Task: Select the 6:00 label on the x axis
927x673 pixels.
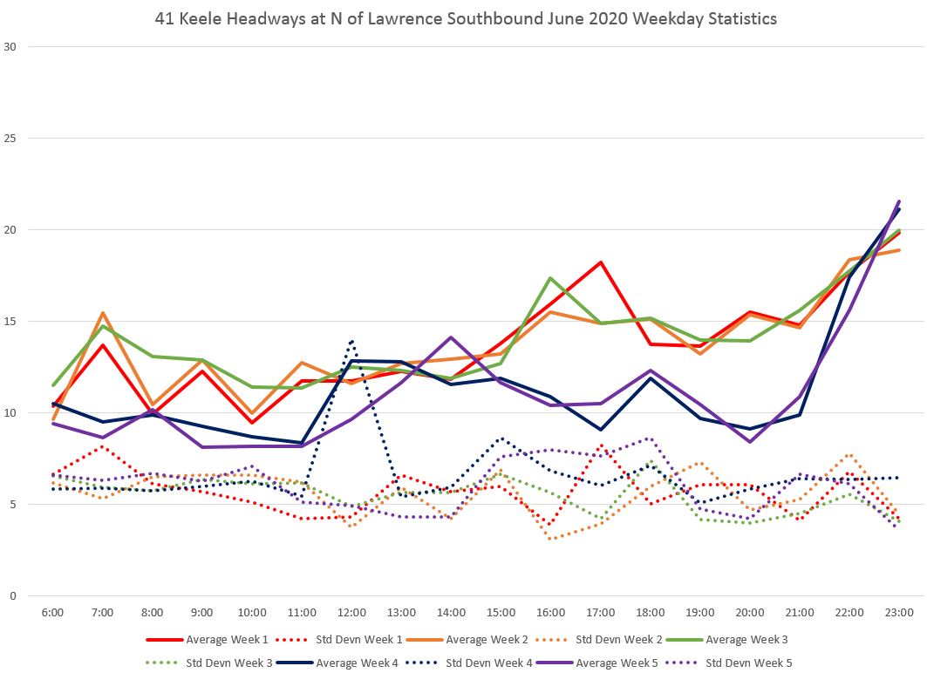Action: (x=52, y=613)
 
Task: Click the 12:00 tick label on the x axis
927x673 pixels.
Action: (x=351, y=613)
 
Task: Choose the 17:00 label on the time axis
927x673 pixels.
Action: (x=601, y=613)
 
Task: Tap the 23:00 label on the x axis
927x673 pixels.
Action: (x=900, y=613)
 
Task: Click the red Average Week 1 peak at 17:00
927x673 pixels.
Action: (x=601, y=262)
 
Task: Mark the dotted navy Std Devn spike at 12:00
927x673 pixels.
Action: (x=351, y=340)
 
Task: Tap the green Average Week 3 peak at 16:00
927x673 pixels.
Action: (x=551, y=278)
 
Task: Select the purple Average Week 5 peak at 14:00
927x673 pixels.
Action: (x=451, y=337)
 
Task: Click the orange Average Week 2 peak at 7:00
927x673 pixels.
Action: (x=103, y=312)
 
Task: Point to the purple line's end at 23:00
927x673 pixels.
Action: (x=899, y=201)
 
